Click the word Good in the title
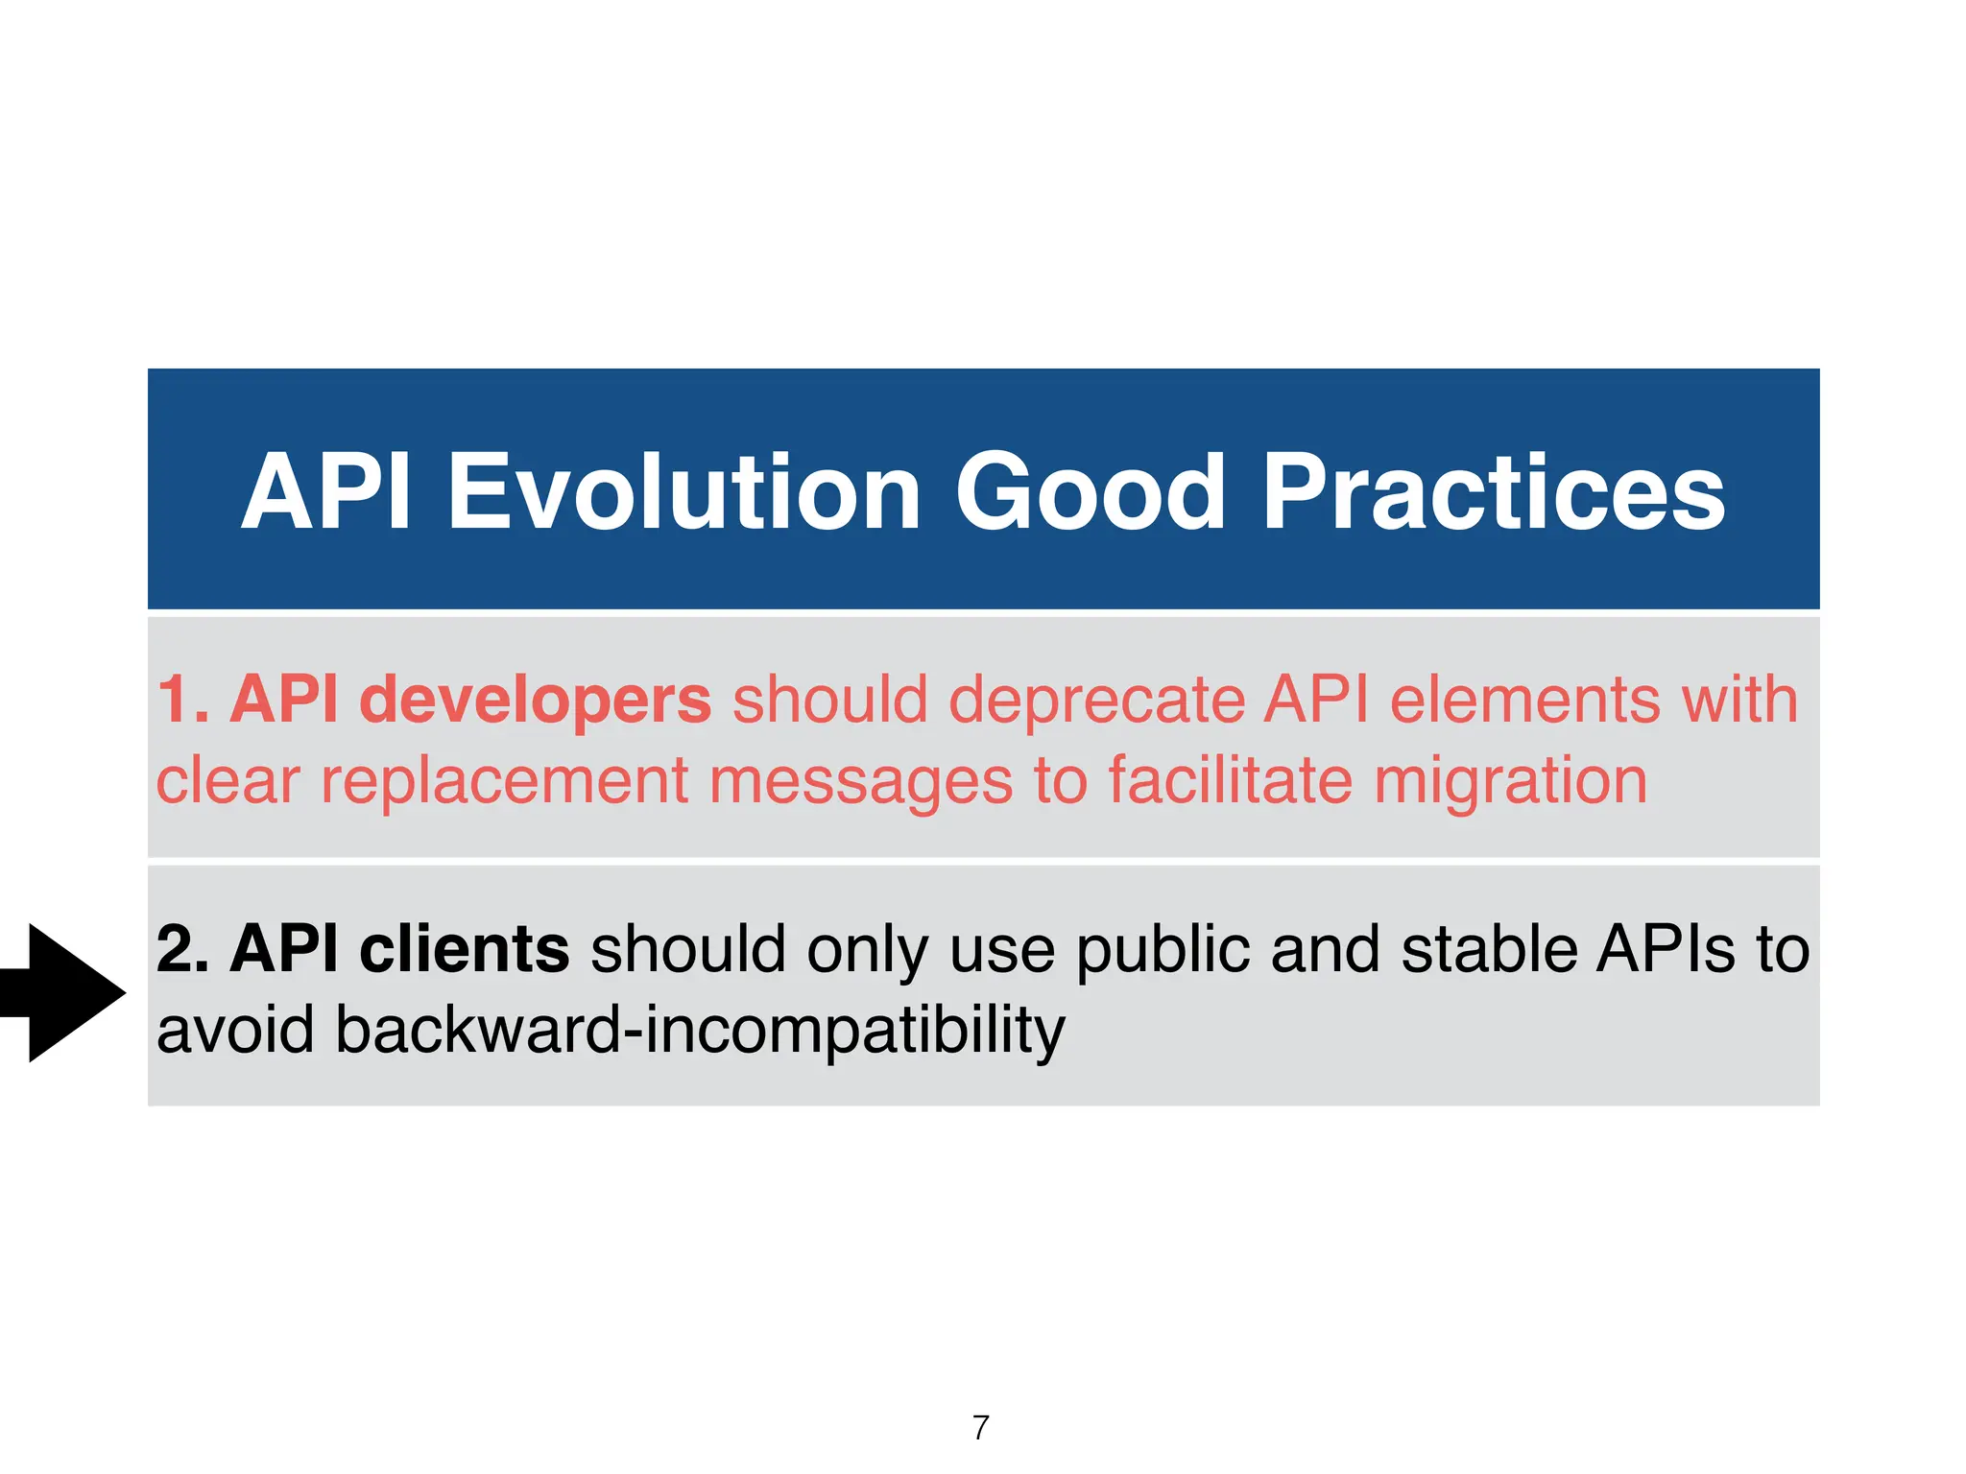(1090, 492)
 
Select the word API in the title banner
(326, 492)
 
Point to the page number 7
(980, 1428)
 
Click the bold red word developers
(535, 701)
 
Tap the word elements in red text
(1523, 699)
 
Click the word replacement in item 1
(503, 781)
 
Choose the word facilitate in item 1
(1231, 779)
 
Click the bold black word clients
(464, 948)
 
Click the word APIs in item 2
(1666, 948)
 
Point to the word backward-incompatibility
(700, 1031)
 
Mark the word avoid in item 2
(235, 1029)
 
